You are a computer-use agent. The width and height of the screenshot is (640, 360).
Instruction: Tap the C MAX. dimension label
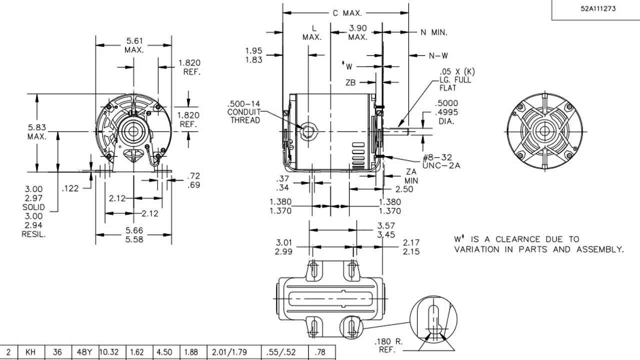347,13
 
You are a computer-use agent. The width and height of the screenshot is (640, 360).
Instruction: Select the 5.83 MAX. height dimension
37,131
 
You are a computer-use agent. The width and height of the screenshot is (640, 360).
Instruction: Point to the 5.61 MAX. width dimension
133,45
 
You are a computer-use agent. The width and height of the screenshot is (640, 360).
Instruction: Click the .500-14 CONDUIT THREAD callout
244,112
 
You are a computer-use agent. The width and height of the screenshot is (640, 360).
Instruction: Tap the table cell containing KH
30,352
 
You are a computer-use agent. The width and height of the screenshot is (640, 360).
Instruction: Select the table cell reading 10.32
109,352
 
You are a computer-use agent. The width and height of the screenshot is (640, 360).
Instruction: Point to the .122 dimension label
70,188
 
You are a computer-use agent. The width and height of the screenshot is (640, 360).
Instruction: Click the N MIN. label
433,32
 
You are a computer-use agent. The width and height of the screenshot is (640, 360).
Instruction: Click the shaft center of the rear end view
543,131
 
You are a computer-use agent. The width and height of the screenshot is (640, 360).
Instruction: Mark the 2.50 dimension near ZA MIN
404,189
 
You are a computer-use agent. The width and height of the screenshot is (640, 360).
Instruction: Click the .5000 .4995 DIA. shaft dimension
446,112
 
